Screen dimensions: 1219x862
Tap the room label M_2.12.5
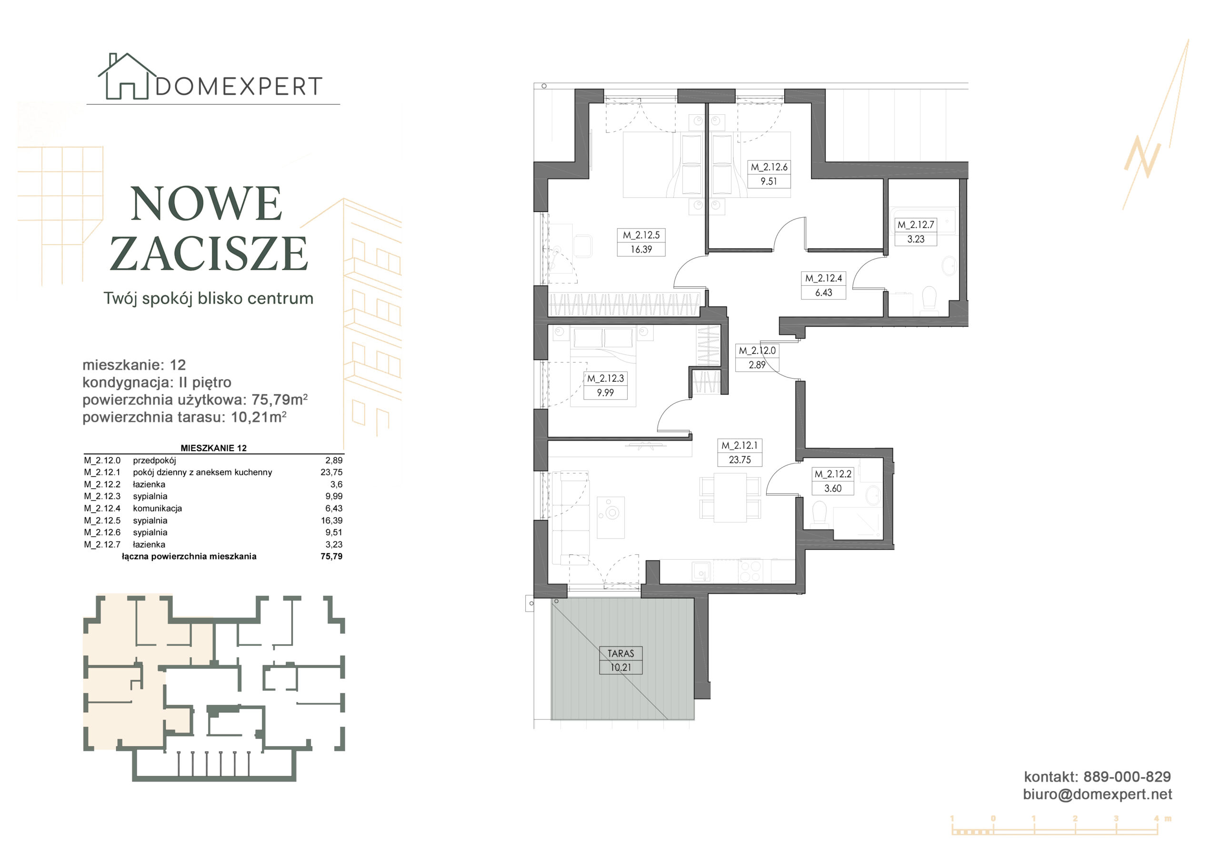coord(641,235)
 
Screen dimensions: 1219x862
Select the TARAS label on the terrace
coord(620,654)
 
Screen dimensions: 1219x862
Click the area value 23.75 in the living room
coord(739,460)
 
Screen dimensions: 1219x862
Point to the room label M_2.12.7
coord(915,225)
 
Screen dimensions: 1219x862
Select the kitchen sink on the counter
coord(701,571)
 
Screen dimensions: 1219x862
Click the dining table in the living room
coord(729,498)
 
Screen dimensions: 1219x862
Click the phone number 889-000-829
coord(1127,777)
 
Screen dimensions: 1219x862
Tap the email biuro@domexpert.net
coord(1098,794)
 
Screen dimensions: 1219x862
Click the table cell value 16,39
coord(331,521)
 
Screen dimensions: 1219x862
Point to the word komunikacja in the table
coord(157,508)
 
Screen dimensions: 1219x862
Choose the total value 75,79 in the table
coord(331,556)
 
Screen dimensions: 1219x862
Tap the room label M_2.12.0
coord(757,351)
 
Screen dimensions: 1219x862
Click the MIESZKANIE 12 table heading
coord(213,448)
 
